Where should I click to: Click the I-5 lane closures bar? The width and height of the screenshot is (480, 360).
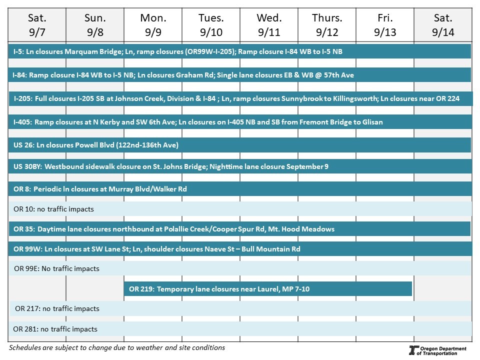pyautogui.click(x=239, y=51)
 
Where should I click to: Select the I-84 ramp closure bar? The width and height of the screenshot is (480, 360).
pyautogui.click(x=239, y=75)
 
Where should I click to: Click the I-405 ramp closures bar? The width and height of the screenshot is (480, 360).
pyautogui.click(x=239, y=122)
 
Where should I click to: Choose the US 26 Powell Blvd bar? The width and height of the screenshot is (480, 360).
pyautogui.click(x=239, y=145)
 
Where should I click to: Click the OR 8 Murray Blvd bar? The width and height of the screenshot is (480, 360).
pyautogui.click(x=239, y=189)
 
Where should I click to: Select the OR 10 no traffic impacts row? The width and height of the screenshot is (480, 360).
pyautogui.click(x=239, y=209)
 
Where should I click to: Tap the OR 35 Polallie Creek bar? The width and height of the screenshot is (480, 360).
pyautogui.click(x=239, y=229)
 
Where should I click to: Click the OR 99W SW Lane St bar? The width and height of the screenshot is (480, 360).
pyautogui.click(x=239, y=249)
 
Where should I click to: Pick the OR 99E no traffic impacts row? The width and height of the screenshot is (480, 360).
pyautogui.click(x=239, y=268)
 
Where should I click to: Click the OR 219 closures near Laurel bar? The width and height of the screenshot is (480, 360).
pyautogui.click(x=267, y=289)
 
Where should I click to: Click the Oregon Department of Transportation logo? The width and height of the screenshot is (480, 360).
pyautogui.click(x=437, y=350)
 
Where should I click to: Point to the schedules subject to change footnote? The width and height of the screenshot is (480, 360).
pyautogui.click(x=117, y=347)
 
